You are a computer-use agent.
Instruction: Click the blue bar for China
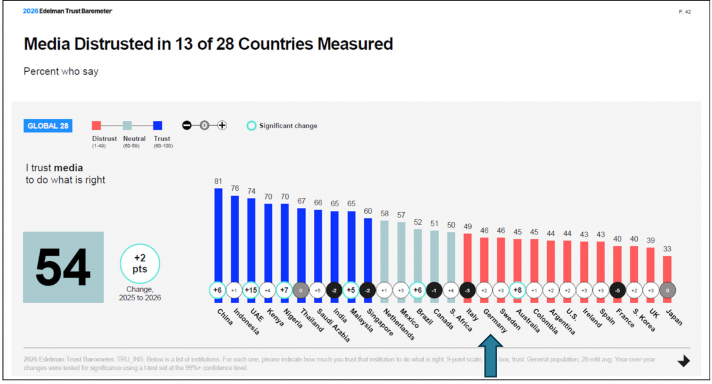[218, 237]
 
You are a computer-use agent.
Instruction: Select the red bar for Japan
[667, 270]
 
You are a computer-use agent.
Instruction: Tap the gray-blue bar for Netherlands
[384, 252]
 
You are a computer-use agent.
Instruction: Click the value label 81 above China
[218, 180]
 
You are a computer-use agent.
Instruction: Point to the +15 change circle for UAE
[252, 290]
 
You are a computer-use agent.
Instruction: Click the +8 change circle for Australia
[517, 290]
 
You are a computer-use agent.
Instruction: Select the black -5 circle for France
[617, 290]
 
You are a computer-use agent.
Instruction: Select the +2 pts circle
[140, 264]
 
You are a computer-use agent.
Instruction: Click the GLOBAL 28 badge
[47, 126]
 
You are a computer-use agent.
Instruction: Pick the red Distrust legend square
[96, 125]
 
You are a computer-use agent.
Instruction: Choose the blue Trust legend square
[158, 125]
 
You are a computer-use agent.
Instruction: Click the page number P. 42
[684, 11]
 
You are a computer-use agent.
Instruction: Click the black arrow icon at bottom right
[684, 361]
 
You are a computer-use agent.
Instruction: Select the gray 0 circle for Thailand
[301, 290]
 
